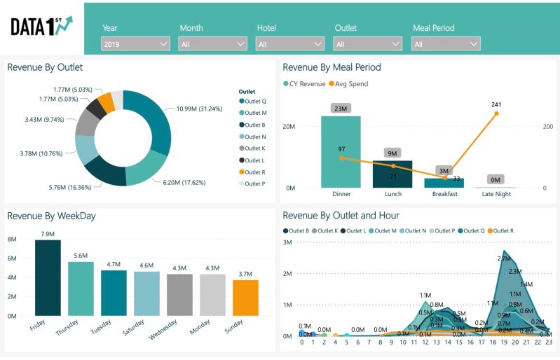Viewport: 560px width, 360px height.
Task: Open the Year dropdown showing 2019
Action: (x=135, y=44)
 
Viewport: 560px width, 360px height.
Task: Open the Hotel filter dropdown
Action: (x=289, y=44)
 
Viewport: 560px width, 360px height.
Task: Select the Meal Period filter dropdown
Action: (x=446, y=44)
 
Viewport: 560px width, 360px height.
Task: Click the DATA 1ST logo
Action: (x=41, y=26)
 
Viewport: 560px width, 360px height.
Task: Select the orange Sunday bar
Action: (x=246, y=298)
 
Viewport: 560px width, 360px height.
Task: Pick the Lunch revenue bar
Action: (x=392, y=174)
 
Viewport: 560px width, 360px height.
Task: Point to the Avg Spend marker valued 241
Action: (x=496, y=113)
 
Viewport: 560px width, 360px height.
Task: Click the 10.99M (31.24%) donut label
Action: (x=199, y=109)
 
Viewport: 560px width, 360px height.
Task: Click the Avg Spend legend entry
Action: (x=353, y=84)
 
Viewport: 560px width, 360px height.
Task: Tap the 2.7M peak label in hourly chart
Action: (x=503, y=258)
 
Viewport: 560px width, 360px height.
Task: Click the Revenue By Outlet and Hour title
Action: (x=341, y=216)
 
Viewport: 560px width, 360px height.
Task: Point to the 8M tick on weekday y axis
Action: (x=12, y=239)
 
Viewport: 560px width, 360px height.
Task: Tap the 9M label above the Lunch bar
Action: (x=392, y=153)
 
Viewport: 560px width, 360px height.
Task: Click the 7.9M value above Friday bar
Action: (x=48, y=233)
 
